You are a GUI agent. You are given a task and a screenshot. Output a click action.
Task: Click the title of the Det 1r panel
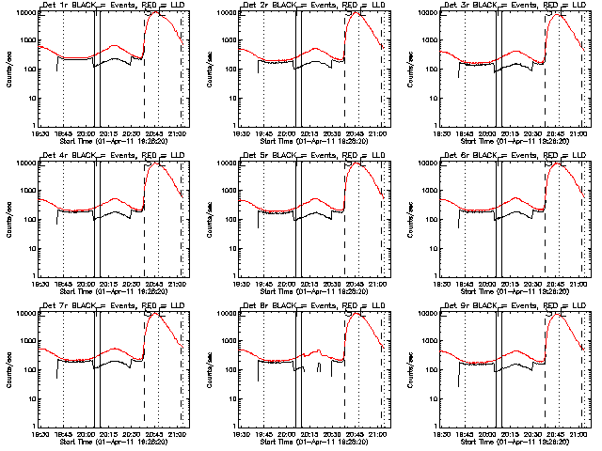[111, 7]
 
